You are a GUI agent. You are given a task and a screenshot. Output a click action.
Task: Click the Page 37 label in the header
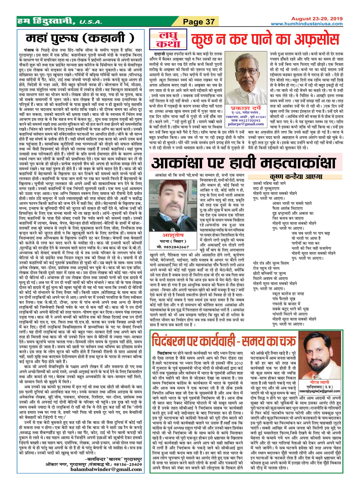tap(199, 22)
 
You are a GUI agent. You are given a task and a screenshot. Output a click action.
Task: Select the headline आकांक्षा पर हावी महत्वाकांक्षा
tap(244, 162)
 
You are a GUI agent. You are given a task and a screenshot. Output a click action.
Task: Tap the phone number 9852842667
tap(173, 246)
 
